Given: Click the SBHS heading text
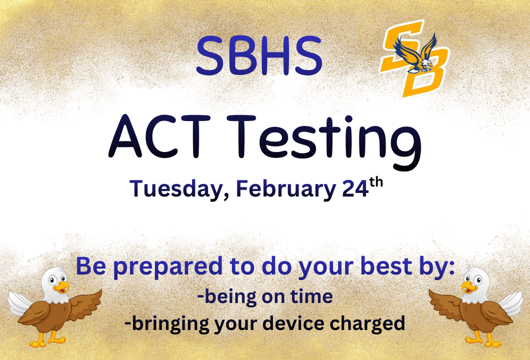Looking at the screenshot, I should (x=259, y=55).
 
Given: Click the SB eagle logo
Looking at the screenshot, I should (x=414, y=58).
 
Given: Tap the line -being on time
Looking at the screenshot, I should (x=264, y=296).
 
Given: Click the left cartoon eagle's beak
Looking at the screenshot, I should (x=62, y=286).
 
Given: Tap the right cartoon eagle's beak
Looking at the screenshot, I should (x=468, y=286).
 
